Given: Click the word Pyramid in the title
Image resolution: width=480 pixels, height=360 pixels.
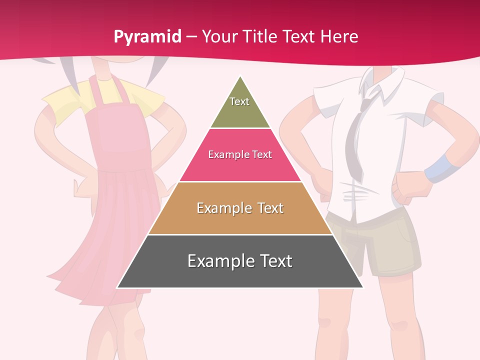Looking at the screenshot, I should click(x=147, y=37).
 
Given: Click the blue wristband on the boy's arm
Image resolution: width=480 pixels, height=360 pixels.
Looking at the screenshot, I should click(x=438, y=167).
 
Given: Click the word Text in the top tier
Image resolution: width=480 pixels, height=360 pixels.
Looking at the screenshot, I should click(x=239, y=101).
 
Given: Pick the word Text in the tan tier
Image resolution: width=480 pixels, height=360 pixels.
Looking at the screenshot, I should click(x=271, y=208).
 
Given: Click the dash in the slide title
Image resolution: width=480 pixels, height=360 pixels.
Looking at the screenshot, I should click(x=191, y=37).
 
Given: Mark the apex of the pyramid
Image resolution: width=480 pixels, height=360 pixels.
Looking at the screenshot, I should click(x=240, y=77).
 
